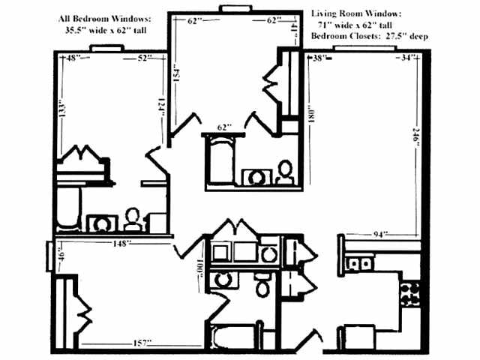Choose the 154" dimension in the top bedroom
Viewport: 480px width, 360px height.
(178, 74)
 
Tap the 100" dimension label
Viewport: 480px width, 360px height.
(201, 268)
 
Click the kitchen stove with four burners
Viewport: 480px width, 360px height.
(409, 292)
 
